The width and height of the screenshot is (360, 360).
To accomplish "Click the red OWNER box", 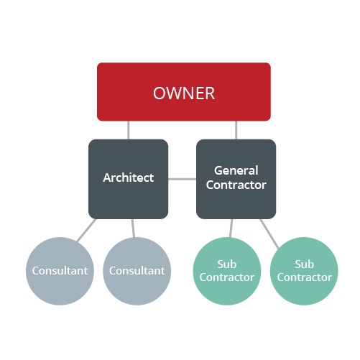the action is (x=184, y=92).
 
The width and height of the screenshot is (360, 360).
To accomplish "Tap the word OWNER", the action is (x=184, y=93).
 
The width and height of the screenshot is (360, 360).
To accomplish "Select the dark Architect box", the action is (x=128, y=179).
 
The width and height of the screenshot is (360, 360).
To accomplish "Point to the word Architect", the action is (x=129, y=177).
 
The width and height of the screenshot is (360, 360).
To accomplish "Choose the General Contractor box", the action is (x=236, y=179).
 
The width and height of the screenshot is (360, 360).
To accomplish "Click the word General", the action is (x=236, y=170).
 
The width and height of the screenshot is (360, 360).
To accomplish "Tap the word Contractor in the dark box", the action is (x=236, y=185).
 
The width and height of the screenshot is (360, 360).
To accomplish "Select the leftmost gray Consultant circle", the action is (x=60, y=271).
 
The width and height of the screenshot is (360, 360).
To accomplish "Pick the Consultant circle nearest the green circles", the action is (x=137, y=271).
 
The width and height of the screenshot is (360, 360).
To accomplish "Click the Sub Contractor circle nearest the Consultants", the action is (x=227, y=271).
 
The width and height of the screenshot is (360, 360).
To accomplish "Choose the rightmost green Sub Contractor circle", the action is (x=304, y=271).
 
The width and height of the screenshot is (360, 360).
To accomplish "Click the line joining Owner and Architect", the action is (x=129, y=130).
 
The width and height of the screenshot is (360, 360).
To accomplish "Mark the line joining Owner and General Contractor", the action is (x=236, y=130).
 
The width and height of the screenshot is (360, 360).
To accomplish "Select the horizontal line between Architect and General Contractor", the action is (x=182, y=179).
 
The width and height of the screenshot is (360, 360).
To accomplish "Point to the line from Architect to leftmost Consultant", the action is (x=86, y=230).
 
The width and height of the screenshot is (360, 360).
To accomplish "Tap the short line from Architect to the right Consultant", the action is (x=133, y=228).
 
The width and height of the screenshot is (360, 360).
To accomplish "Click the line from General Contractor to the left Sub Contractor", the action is (x=231, y=228).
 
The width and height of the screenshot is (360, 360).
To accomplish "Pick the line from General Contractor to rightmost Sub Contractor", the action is (x=269, y=234).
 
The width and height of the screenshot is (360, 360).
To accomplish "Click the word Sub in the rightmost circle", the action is (x=305, y=264).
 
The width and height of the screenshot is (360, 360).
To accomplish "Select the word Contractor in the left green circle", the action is (x=227, y=277).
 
